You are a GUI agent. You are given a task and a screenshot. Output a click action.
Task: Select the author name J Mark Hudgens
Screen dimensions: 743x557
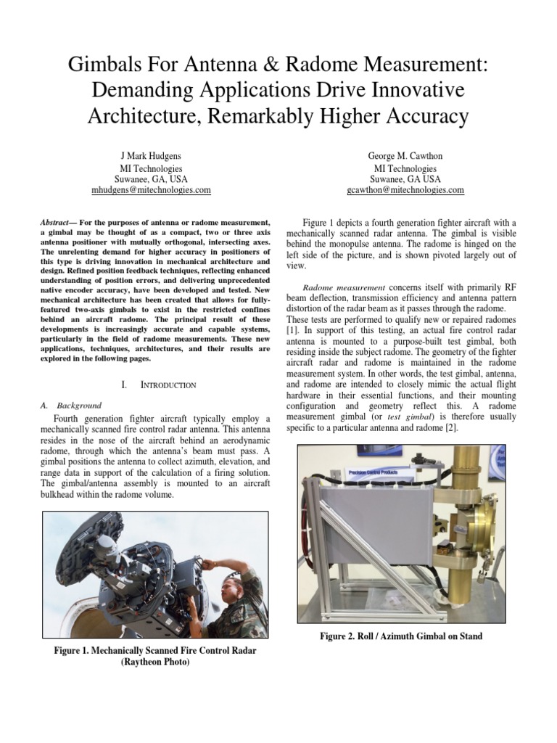(151, 156)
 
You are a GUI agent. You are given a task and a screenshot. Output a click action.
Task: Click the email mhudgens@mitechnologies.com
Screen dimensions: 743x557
(151, 190)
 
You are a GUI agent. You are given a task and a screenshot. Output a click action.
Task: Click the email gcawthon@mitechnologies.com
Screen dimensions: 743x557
(405, 190)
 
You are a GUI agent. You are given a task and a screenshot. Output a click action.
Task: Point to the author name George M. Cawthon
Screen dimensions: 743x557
(405, 156)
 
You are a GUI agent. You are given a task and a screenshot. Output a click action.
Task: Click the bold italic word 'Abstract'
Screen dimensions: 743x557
(55, 221)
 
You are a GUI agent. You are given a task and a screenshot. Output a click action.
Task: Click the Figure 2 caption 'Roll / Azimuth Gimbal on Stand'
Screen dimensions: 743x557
(401, 636)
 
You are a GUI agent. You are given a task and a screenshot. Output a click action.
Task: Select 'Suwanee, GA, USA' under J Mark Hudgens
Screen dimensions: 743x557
(151, 178)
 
